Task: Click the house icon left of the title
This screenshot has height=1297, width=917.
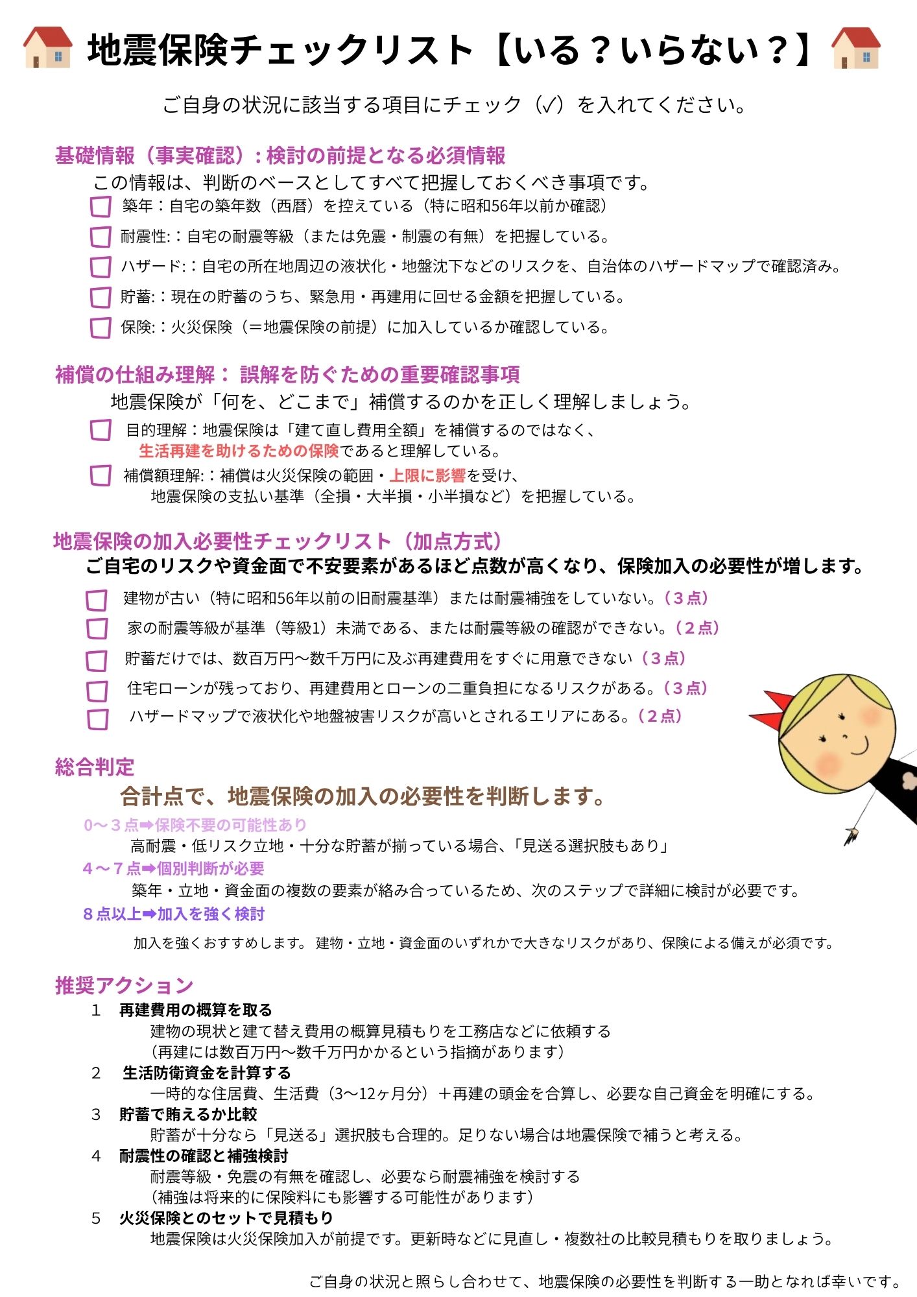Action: point(47,47)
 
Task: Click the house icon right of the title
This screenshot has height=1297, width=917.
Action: point(855,47)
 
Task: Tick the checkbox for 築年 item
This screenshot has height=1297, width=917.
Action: point(101,207)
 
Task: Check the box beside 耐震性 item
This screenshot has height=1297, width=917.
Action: point(101,237)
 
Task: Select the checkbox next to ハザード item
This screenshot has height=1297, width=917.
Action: point(101,267)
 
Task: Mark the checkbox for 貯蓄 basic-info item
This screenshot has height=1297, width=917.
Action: point(101,297)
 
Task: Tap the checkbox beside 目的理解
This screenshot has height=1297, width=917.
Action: point(101,430)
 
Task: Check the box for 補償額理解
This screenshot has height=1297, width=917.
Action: point(101,475)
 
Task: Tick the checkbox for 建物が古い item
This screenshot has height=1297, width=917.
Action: point(97,600)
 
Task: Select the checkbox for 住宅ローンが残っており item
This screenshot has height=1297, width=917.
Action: point(97,691)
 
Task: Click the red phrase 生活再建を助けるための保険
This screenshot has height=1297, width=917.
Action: point(239,451)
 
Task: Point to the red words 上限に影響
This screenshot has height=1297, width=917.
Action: point(427,475)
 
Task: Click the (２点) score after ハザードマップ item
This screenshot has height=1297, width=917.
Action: point(660,716)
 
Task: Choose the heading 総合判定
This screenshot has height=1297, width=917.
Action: point(95,767)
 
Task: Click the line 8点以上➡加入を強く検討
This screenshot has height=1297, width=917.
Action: point(174,914)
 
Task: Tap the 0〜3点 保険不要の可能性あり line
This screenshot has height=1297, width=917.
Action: point(195,825)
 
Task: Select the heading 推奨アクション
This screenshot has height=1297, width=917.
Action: point(124,985)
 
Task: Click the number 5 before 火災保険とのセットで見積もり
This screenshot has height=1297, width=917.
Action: point(96,1218)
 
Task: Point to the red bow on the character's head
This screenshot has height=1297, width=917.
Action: point(774,711)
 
